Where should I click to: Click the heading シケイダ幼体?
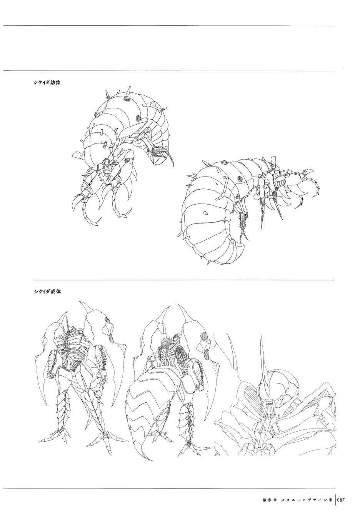[x=47, y=82]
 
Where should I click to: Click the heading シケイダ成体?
[x=47, y=291]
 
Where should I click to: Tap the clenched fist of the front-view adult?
[x=50, y=374]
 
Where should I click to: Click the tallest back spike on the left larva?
[x=131, y=91]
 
